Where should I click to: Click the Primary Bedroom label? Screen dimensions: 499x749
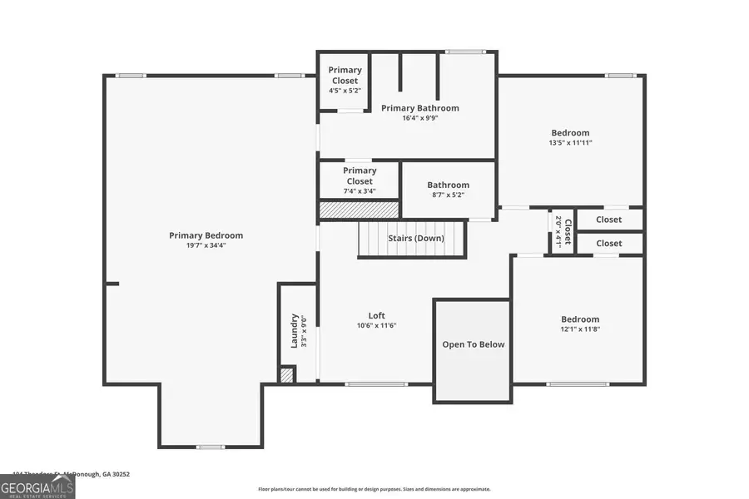point(206,235)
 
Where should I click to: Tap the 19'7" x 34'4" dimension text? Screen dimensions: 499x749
point(206,245)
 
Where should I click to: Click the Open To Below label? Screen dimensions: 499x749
point(473,344)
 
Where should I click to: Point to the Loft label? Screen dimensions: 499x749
point(376,315)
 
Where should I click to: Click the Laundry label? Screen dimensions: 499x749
point(294,330)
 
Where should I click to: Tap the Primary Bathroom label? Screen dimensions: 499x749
point(419,108)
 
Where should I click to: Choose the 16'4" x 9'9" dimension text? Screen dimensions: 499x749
point(419,118)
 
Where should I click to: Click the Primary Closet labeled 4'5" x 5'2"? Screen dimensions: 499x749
point(344,75)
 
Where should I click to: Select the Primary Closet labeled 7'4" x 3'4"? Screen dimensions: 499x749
point(360,175)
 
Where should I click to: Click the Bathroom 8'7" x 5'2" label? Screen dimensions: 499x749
point(448,185)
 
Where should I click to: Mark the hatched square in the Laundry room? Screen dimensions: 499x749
point(287,375)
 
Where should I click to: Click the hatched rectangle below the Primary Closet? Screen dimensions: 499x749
point(360,210)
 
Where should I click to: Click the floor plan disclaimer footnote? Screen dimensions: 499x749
point(374,489)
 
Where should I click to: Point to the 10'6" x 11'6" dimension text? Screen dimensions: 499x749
point(376,325)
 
